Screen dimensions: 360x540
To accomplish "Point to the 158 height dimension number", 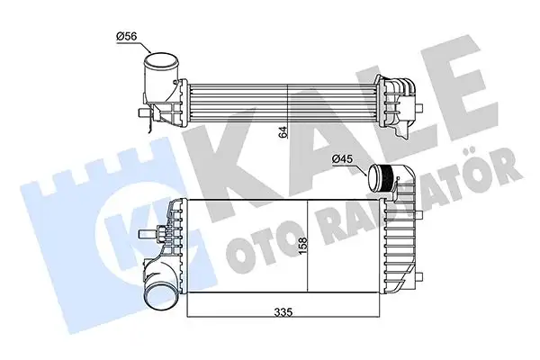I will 305,246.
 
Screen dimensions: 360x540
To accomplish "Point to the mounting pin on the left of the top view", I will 141,114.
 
